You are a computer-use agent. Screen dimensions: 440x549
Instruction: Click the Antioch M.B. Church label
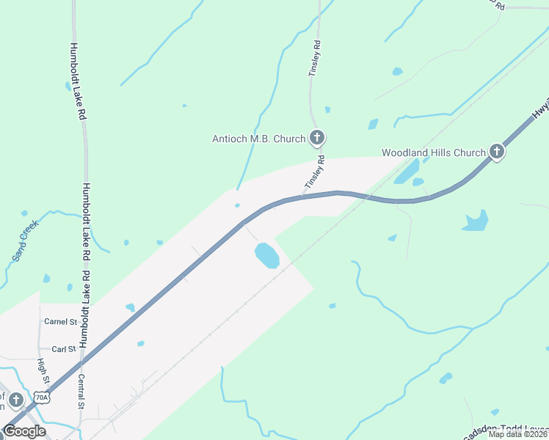tap(258, 138)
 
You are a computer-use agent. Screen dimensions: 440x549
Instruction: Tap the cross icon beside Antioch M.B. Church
tap(317, 137)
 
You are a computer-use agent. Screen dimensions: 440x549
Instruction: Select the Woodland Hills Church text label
tap(433, 153)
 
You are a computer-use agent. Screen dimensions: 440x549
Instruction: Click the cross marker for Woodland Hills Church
tap(497, 152)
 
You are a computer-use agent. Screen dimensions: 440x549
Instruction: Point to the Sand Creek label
tap(24, 240)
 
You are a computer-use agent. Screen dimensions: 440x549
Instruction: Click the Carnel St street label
tap(60, 322)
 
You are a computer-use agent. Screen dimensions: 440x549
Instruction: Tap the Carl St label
tap(64, 349)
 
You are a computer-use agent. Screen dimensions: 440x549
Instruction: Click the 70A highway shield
tap(43, 397)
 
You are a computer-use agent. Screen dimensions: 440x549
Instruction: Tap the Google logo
tap(24, 430)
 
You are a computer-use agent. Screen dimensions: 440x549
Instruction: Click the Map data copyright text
tap(517, 434)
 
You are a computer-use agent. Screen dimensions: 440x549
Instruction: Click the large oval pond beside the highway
tap(266, 255)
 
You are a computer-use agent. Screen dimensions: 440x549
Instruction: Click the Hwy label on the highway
tap(539, 109)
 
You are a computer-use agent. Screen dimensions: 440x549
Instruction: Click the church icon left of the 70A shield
tap(16, 400)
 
